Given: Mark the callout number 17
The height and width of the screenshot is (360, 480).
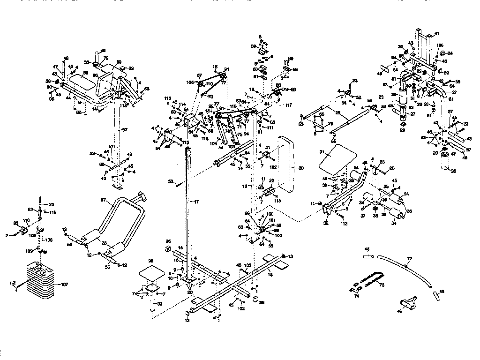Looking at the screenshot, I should point(197,202).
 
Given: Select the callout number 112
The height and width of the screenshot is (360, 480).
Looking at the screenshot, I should point(12,283).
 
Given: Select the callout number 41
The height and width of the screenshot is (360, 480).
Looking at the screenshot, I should point(436,34).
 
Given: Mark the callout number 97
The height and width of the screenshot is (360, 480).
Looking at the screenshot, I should point(124,129).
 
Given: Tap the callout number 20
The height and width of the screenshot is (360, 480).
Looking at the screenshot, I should point(190,292).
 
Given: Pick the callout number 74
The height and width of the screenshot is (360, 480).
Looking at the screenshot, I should point(357,296).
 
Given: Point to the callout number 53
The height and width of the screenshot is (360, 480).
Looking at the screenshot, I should point(170,180).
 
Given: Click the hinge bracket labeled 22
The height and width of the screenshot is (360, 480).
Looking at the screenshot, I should point(269,193).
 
